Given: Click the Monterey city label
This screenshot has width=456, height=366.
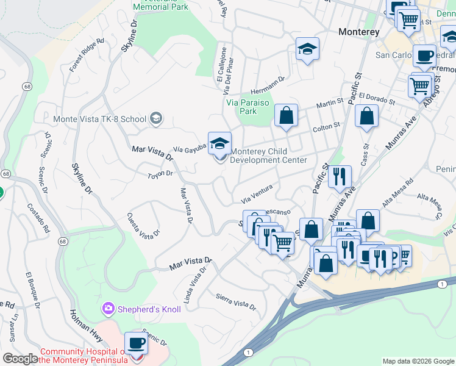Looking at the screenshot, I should (359, 32).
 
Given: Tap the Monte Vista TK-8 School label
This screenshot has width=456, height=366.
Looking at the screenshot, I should (99, 119).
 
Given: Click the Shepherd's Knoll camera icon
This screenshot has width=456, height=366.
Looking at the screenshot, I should (109, 309).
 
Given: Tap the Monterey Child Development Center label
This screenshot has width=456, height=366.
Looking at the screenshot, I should (268, 156).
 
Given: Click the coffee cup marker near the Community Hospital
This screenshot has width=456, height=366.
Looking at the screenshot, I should (136, 344).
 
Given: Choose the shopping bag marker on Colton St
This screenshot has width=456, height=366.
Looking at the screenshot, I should (285, 116).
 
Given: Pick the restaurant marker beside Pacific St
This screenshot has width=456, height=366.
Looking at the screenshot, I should (340, 177).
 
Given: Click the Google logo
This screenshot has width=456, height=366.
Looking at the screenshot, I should (21, 359).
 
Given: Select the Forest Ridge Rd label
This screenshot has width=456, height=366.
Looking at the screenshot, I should (87, 56).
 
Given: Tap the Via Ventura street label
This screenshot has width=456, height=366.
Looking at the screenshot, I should (256, 196).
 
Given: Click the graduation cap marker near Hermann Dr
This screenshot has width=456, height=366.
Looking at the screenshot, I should (308, 50).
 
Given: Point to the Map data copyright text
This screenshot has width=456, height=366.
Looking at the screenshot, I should (418, 361).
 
